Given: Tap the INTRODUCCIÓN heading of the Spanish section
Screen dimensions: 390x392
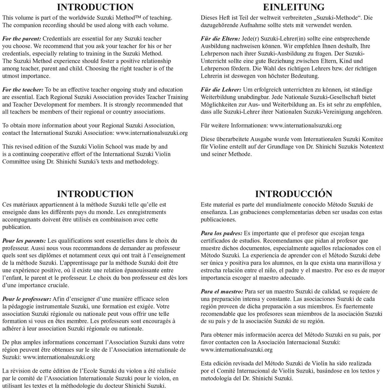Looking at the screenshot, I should click(x=294, y=194).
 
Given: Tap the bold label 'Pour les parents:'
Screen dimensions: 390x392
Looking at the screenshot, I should click(x=24, y=240).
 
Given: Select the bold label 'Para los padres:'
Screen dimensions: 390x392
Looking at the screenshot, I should click(x=221, y=233).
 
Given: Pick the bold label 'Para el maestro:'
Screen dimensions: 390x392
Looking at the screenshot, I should click(x=222, y=291).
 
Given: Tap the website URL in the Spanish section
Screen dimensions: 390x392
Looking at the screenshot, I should click(x=237, y=350).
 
